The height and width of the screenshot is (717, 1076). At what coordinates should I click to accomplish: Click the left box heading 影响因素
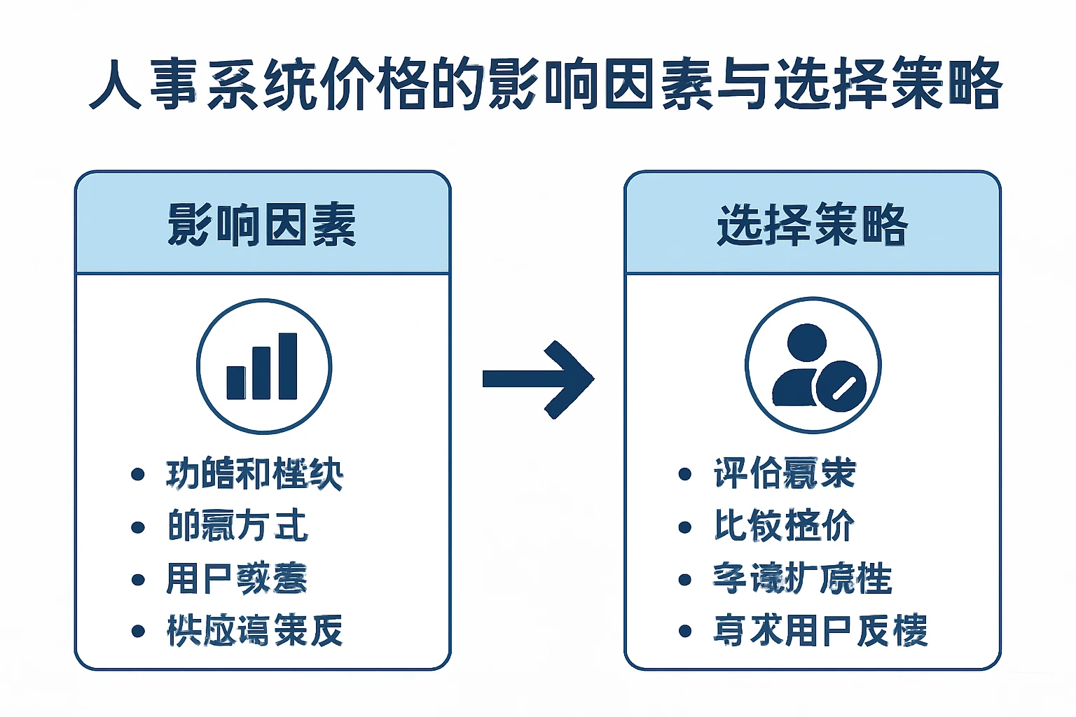pyautogui.click(x=262, y=225)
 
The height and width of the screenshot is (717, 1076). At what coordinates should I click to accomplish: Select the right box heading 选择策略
pyautogui.click(x=812, y=225)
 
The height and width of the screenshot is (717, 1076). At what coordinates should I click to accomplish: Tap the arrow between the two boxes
pyautogui.click(x=538, y=379)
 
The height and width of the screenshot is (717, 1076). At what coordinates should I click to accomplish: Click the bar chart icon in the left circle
pyautogui.click(x=263, y=367)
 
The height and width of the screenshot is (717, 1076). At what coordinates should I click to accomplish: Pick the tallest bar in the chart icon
pyautogui.click(x=288, y=366)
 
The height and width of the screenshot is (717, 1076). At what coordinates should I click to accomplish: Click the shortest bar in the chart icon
pyautogui.click(x=236, y=382)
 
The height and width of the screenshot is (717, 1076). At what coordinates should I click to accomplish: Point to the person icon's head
pyautogui.click(x=806, y=342)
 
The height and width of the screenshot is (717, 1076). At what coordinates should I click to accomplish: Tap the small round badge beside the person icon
pyautogui.click(x=841, y=387)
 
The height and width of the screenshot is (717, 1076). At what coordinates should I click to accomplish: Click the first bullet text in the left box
pyautogui.click(x=254, y=474)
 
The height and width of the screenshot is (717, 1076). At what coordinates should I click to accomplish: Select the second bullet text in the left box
pyautogui.click(x=237, y=526)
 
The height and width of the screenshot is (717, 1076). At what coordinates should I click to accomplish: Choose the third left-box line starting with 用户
pyautogui.click(x=237, y=578)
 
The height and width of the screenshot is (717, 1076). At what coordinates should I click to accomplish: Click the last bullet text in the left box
pyautogui.click(x=254, y=630)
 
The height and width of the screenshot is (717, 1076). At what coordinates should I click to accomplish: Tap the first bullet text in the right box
pyautogui.click(x=785, y=473)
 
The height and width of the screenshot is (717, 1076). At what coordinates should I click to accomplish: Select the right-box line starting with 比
pyautogui.click(x=784, y=526)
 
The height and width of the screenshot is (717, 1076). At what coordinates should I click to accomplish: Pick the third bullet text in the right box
pyautogui.click(x=802, y=578)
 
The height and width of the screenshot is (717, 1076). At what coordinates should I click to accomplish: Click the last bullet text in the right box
pyautogui.click(x=820, y=630)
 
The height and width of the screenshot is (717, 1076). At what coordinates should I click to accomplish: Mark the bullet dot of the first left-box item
pyautogui.click(x=138, y=475)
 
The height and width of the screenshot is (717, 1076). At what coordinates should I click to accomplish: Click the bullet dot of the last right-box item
pyautogui.click(x=685, y=631)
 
